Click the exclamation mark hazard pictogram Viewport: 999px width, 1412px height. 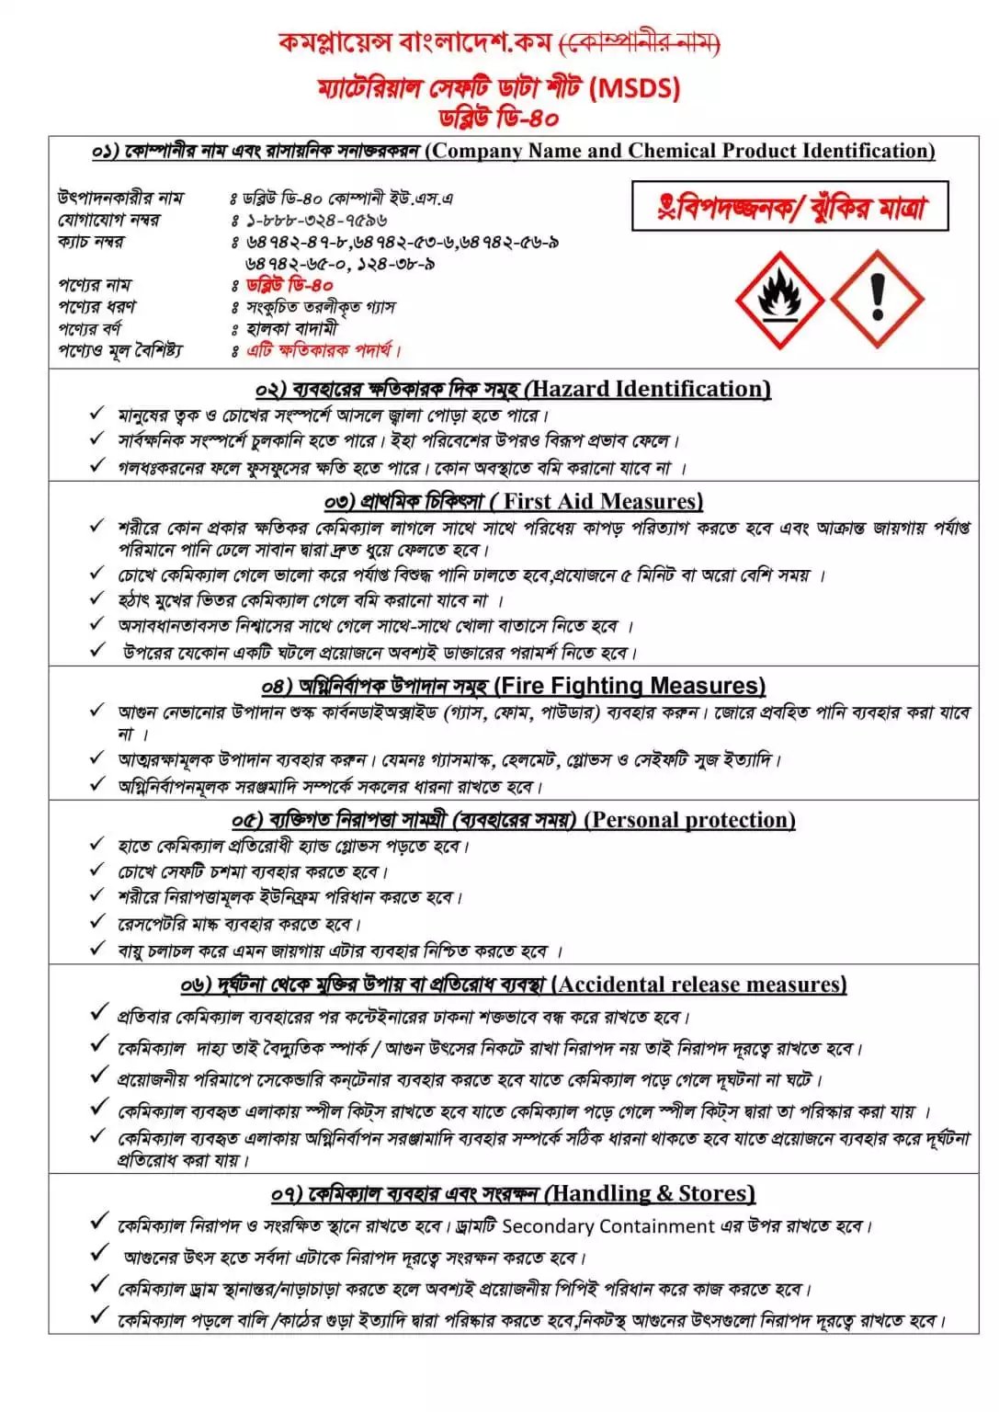[x=877, y=299]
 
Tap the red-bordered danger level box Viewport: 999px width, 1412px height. [x=789, y=206]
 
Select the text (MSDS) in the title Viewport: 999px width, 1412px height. [x=634, y=88]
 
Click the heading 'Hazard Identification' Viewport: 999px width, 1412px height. [x=650, y=389]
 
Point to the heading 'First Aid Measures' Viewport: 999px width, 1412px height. [x=602, y=502]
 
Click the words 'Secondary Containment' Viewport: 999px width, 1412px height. [x=608, y=1226]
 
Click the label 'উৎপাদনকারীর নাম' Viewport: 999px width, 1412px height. [x=119, y=198]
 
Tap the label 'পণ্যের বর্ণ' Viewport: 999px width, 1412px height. [x=89, y=328]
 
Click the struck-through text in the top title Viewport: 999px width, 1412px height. [x=640, y=42]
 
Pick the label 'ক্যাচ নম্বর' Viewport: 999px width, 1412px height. [x=90, y=242]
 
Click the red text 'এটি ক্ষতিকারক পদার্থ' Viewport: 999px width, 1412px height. [x=322, y=350]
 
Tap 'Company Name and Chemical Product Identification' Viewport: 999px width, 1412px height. [x=680, y=151]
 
